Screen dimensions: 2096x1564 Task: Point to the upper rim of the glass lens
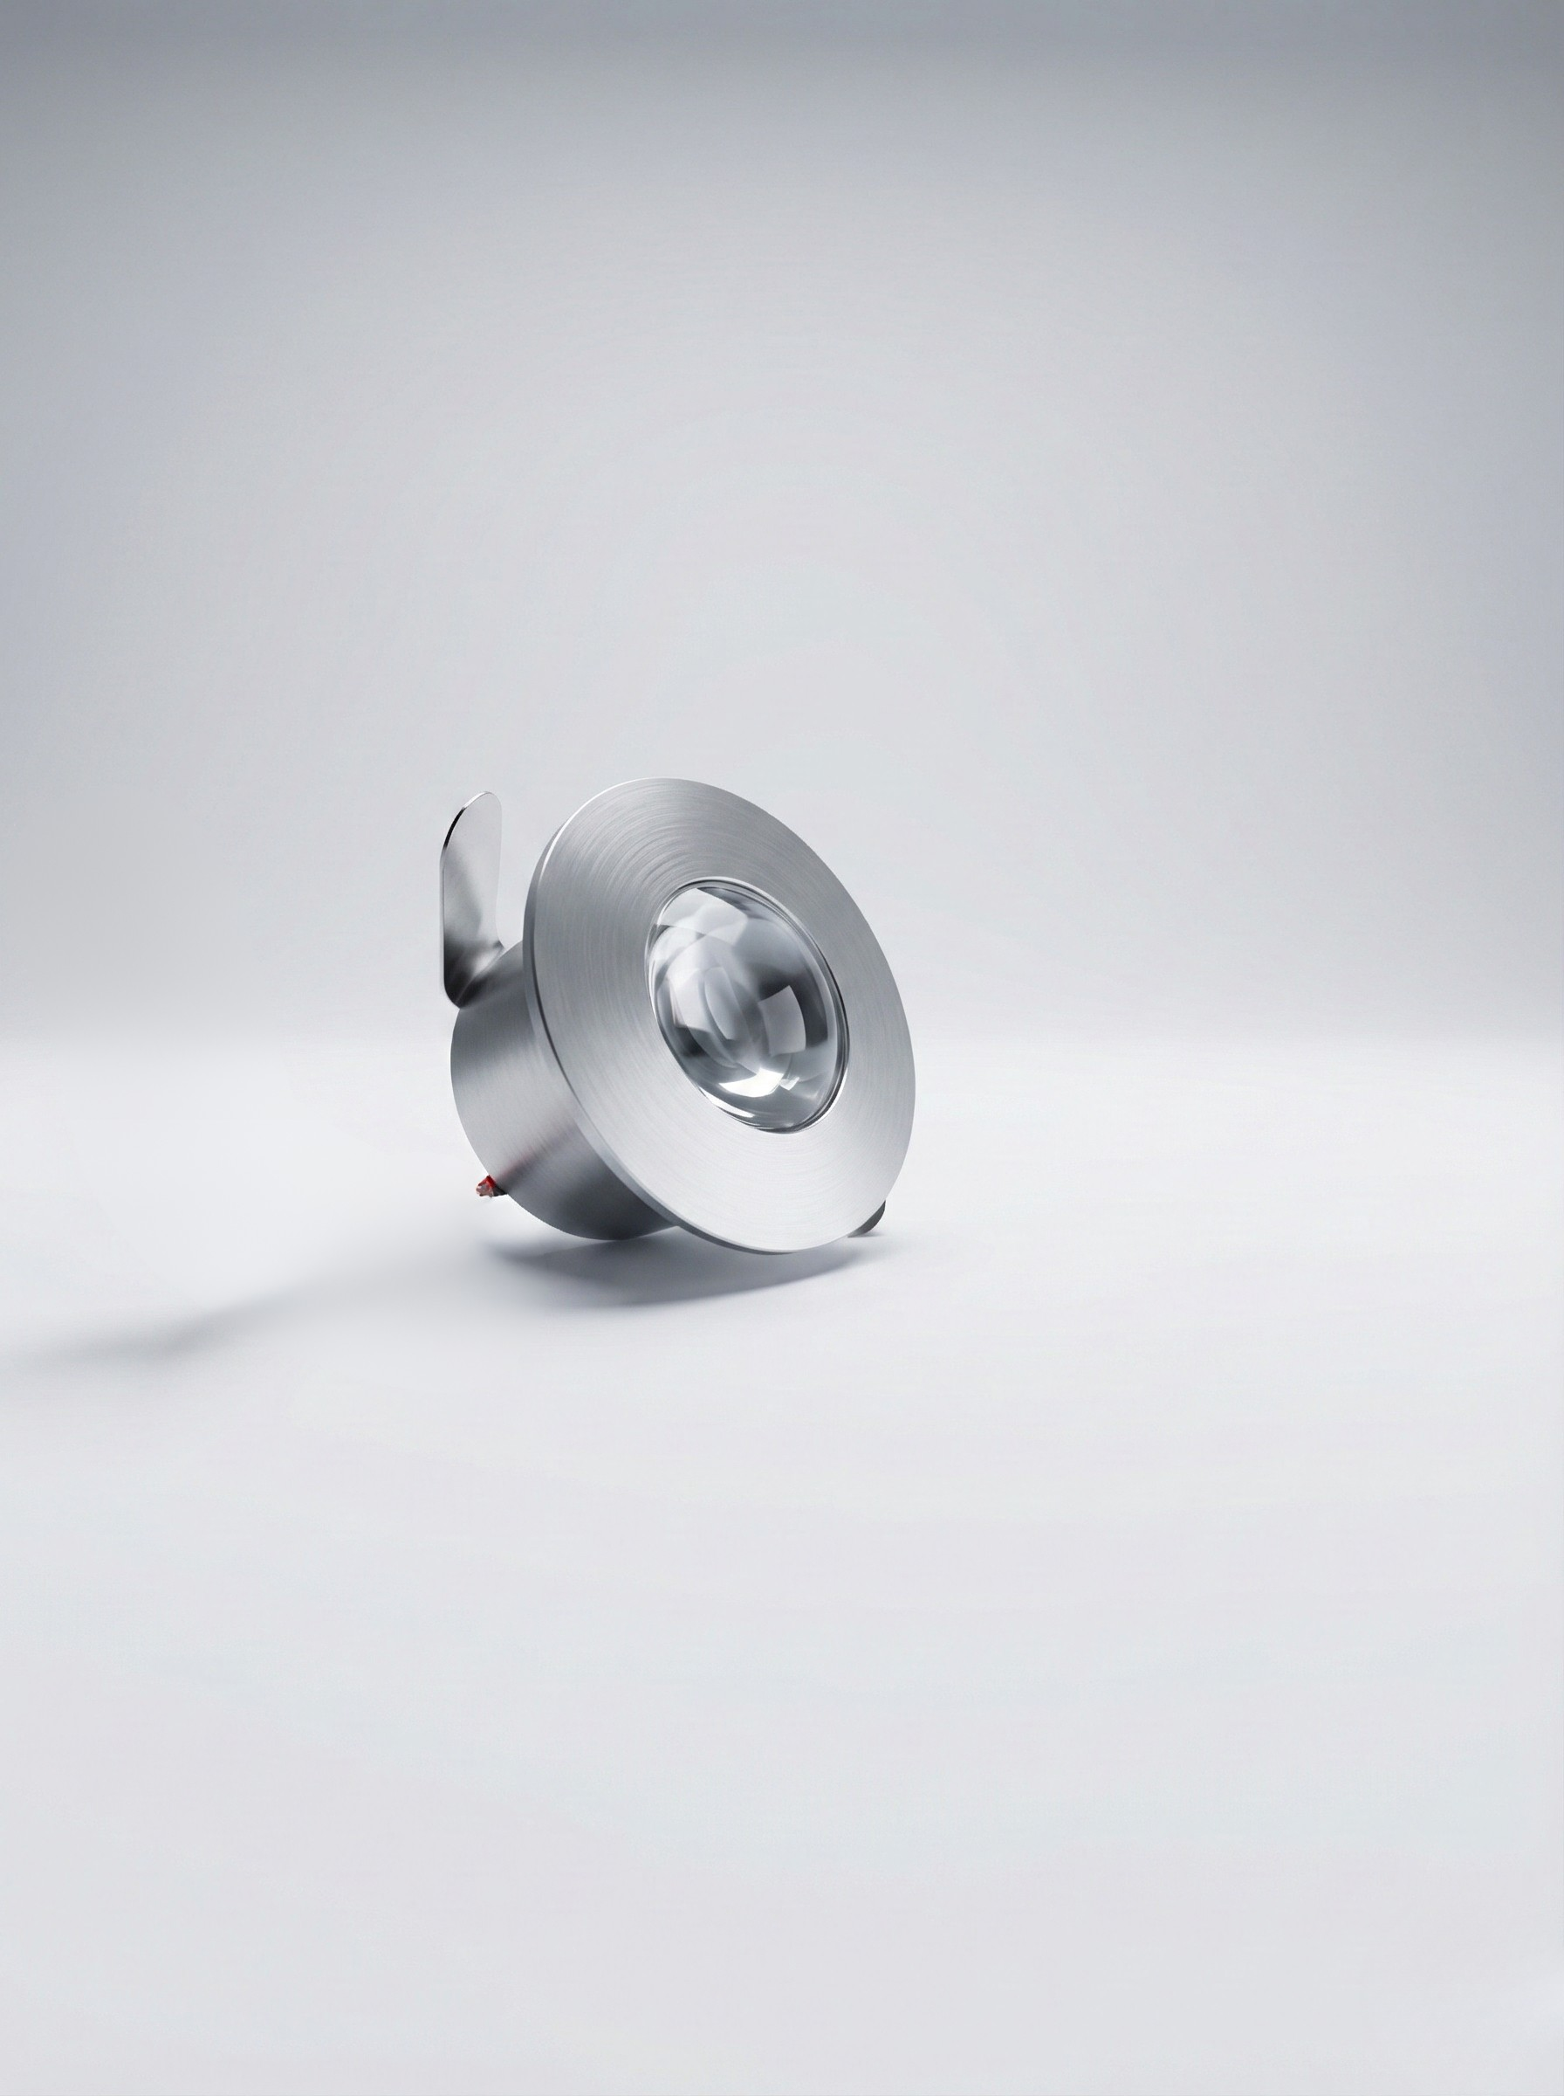tap(729, 886)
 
